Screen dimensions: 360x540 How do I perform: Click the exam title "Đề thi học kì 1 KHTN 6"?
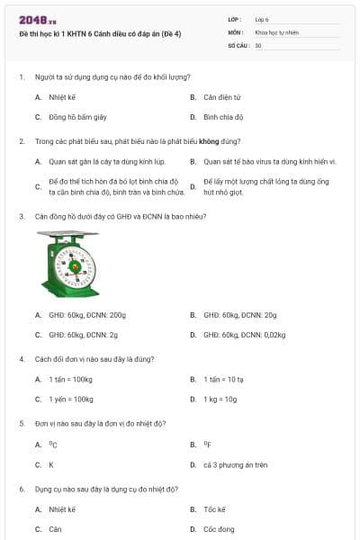pos(99,33)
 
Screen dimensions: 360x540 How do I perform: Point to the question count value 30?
pos(258,44)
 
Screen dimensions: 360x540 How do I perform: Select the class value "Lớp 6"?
pos(262,18)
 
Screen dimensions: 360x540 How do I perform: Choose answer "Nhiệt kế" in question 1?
pos(62,96)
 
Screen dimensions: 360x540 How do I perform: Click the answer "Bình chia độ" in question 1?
pos(223,117)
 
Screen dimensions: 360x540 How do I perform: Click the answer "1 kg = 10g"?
pos(220,399)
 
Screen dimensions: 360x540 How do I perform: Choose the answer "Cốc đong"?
pos(219,529)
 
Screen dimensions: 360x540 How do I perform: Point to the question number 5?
pos(22,422)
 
